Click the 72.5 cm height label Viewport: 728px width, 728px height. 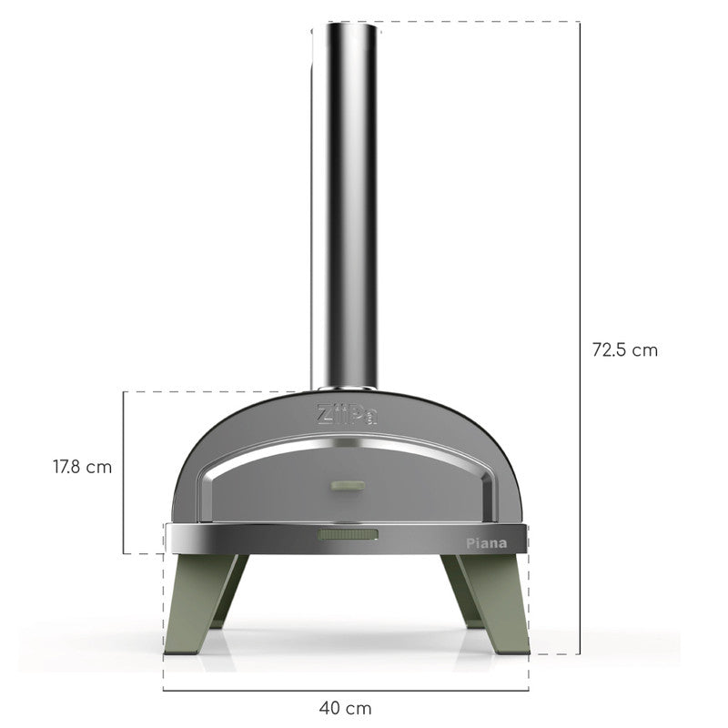click(x=624, y=349)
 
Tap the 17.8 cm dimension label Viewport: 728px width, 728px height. click(x=82, y=467)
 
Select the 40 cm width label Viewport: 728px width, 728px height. click(x=346, y=706)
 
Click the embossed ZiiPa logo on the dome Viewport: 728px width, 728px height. click(x=346, y=414)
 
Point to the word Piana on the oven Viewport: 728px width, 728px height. click(x=486, y=542)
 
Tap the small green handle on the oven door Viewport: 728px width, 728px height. click(x=346, y=486)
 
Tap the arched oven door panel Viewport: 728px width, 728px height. click(x=273, y=491)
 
